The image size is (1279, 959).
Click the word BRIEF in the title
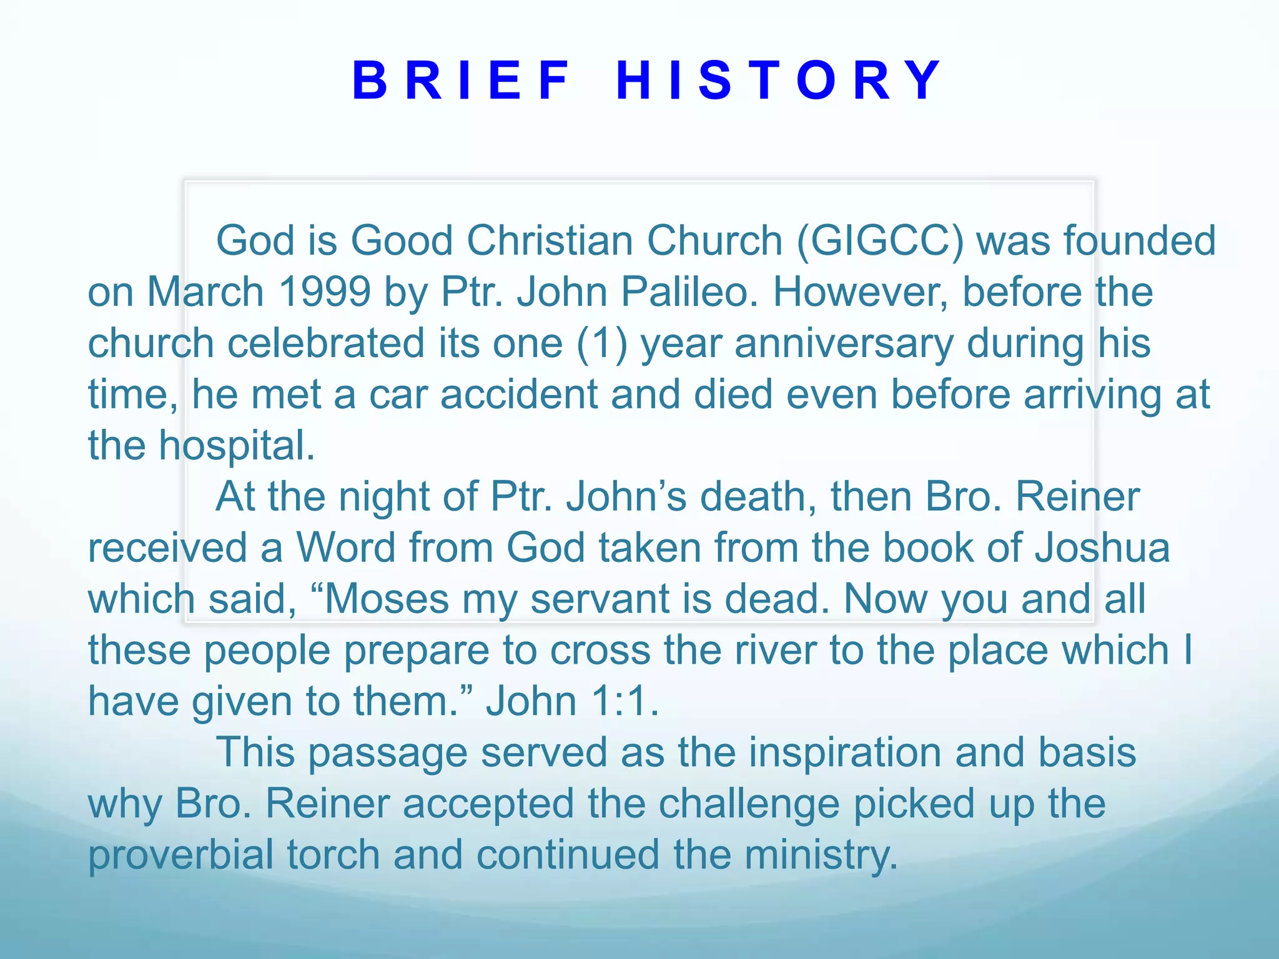(x=461, y=81)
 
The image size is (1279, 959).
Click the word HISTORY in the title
(x=779, y=81)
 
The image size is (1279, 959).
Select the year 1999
(x=325, y=292)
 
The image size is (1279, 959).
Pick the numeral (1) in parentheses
(x=602, y=343)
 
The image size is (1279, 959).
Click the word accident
(x=519, y=395)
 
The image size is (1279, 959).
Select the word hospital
(x=236, y=446)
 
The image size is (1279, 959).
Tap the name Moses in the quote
(x=387, y=599)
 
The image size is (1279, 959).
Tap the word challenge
(x=749, y=804)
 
